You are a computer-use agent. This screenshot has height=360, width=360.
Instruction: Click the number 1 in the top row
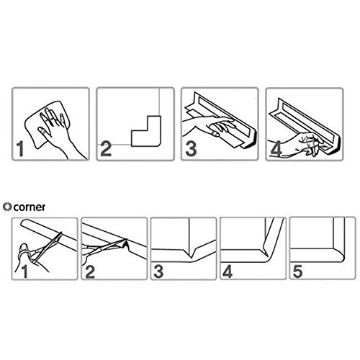(x=20, y=149)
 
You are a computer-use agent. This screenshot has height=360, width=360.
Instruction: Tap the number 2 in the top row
(x=106, y=149)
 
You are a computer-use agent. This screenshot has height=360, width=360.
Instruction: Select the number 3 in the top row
(x=191, y=149)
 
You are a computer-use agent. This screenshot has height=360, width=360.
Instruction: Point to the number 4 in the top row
(x=276, y=149)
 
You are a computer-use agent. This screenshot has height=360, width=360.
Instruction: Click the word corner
(x=30, y=207)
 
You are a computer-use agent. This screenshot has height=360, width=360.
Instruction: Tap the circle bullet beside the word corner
(x=8, y=207)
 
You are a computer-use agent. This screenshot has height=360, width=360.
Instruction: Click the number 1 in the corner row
(x=24, y=271)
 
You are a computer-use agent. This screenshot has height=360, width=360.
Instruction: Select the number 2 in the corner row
(x=90, y=271)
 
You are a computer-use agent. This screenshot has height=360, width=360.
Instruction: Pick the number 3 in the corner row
(x=158, y=271)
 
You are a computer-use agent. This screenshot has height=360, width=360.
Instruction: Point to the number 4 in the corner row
(x=228, y=271)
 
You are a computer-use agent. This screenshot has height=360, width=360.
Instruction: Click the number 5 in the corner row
(x=297, y=271)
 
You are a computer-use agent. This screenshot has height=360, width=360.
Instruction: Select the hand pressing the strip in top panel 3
(x=209, y=126)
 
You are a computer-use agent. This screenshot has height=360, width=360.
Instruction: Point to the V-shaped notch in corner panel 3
(x=191, y=253)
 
